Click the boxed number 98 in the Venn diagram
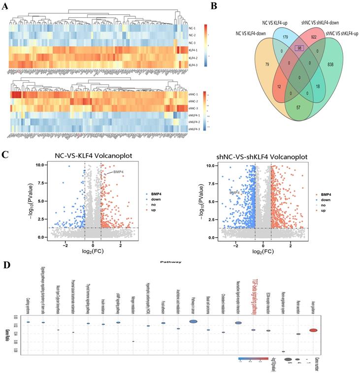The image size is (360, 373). click(299, 48)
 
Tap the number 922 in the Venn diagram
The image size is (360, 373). click(314, 35)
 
